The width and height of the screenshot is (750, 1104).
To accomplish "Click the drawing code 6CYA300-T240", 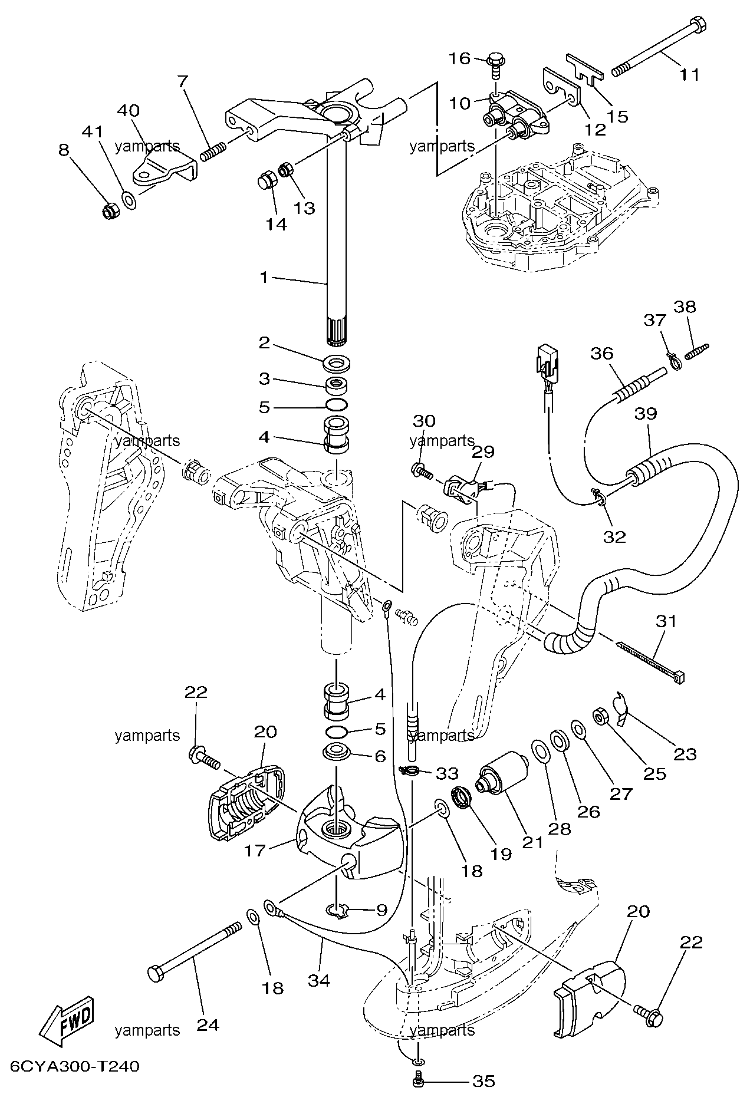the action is (x=75, y=1083).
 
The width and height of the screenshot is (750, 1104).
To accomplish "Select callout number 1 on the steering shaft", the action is (x=265, y=276).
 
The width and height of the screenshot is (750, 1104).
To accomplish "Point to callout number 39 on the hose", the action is (x=646, y=413).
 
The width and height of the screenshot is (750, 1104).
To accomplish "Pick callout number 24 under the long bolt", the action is (x=208, y=1024).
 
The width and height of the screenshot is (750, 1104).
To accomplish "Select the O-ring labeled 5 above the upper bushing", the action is (x=336, y=406).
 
